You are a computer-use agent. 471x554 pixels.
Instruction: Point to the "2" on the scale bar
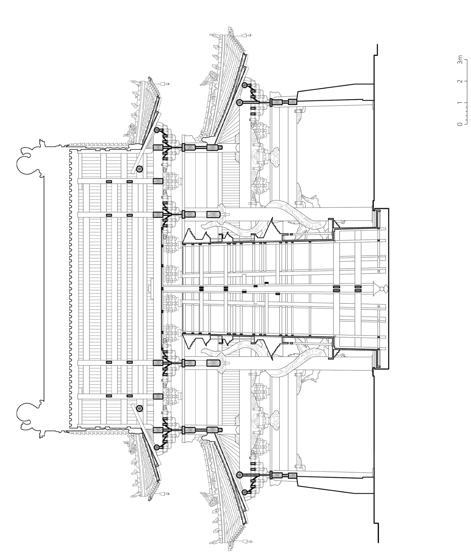coord(460,81)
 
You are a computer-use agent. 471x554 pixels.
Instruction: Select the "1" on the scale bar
coord(460,103)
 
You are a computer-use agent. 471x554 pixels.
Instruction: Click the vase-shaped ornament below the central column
coord(381,289)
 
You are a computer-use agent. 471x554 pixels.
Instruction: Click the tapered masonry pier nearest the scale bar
coord(335,91)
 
